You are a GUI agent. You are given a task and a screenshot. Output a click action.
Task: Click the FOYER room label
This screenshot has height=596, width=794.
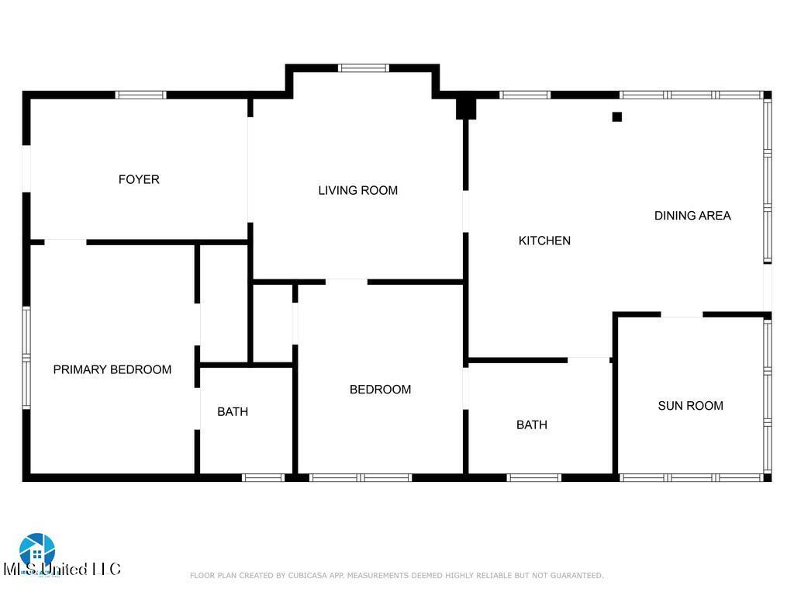[139, 179]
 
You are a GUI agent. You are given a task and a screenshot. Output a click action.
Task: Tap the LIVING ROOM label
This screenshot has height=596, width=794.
[357, 190]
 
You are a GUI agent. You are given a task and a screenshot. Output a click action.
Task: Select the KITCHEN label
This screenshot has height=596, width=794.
[544, 241]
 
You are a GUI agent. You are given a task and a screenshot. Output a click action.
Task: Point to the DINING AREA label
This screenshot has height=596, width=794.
[692, 216]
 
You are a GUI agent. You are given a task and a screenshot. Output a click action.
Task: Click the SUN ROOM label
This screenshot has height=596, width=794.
[690, 405]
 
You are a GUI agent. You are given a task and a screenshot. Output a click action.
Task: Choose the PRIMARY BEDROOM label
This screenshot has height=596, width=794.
[112, 369]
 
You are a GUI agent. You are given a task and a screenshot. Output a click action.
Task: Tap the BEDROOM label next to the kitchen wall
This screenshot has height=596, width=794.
[380, 390]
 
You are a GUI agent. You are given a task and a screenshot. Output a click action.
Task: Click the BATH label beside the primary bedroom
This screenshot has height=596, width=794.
[233, 411]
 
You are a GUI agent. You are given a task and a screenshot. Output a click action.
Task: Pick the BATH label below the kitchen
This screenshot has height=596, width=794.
[532, 424]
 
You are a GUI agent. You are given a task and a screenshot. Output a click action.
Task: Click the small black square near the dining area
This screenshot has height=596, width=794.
[617, 117]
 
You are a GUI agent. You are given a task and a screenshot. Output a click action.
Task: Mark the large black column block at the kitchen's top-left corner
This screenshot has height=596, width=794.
[465, 106]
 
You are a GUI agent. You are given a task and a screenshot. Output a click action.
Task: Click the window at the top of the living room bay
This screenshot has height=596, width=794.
[364, 68]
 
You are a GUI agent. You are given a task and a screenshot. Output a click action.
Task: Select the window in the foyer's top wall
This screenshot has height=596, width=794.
[140, 95]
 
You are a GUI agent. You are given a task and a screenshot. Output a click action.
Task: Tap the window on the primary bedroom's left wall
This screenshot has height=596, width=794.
[26, 357]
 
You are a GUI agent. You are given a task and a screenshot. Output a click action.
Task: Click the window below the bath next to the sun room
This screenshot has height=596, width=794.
[533, 477]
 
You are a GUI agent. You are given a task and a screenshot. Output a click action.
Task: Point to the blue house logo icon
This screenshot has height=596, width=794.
[37, 550]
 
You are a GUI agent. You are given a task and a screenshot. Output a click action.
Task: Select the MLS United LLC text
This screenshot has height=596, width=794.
[62, 570]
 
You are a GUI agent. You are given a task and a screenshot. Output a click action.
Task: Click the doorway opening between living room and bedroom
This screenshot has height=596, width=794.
[346, 281]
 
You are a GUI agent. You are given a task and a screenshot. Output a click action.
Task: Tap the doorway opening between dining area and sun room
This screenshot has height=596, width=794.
[682, 314]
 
